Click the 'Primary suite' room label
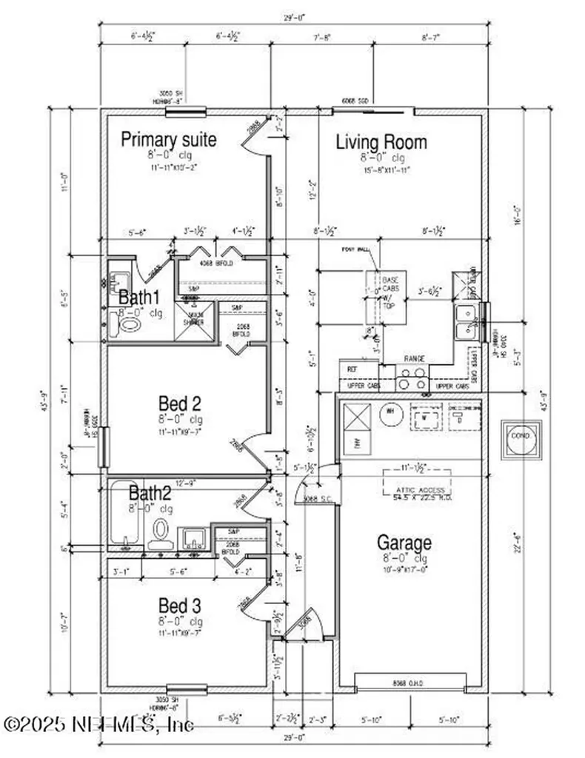(x=169, y=139)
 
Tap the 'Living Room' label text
(x=381, y=141)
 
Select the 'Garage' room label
(x=404, y=543)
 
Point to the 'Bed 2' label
(x=180, y=403)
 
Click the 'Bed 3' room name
(x=180, y=605)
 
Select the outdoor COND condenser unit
(x=521, y=437)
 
